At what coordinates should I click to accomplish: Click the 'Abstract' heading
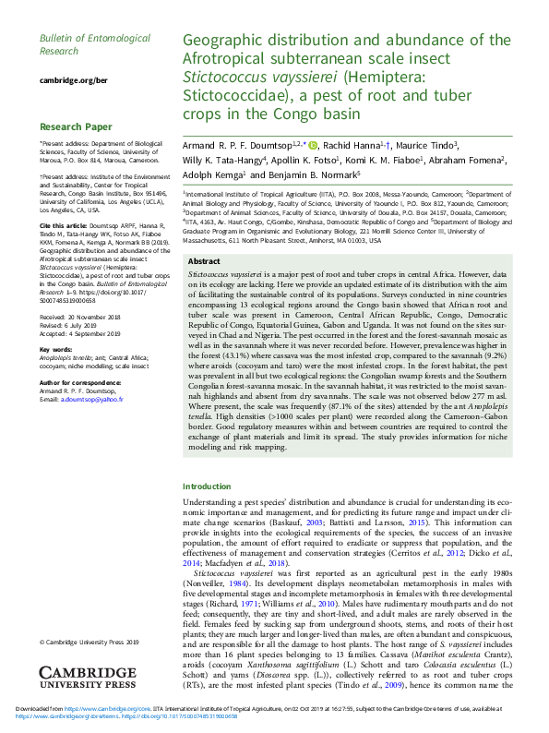click(x=204, y=262)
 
